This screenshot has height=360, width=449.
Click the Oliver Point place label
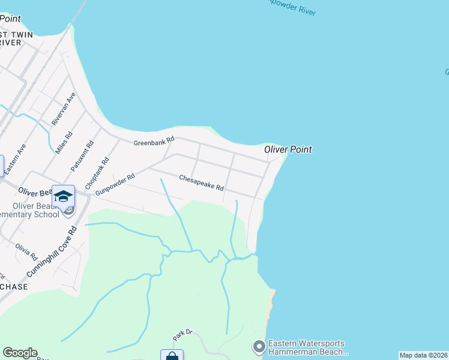point(288,149)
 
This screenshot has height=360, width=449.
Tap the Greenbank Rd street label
point(154,142)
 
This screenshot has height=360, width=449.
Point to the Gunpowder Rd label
point(115,184)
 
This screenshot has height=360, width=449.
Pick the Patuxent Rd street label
point(83,156)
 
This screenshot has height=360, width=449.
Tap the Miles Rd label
point(64,142)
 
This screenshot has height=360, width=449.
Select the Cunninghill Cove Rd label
point(52,252)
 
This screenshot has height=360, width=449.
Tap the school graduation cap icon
point(63,196)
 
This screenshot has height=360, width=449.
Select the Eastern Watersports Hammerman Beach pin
point(259,347)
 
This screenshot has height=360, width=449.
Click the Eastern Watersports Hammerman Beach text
point(308,347)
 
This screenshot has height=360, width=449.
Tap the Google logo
point(20,353)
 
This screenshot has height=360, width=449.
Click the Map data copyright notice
point(424,355)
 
